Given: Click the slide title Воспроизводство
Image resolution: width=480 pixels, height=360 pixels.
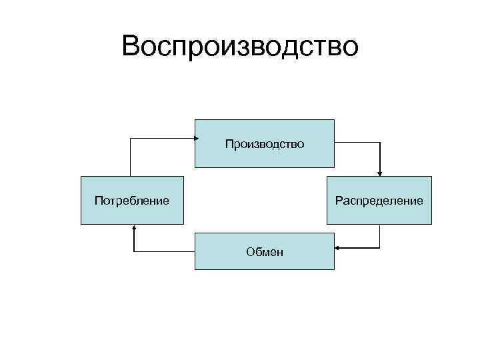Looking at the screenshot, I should click(240, 47).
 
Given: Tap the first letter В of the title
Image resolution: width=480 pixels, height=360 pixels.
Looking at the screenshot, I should click(131, 47).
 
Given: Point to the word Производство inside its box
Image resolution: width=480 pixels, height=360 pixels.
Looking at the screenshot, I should click(264, 144).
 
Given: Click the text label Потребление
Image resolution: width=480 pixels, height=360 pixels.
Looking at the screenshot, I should click(131, 200).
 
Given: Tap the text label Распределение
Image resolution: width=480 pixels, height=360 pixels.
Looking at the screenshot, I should click(379, 200).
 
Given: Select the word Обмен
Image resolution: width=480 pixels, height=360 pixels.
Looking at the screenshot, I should click(264, 252).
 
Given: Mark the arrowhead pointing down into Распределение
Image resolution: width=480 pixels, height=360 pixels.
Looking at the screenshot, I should click(379, 173).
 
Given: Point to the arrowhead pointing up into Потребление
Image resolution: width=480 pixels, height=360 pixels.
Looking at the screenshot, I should click(134, 228).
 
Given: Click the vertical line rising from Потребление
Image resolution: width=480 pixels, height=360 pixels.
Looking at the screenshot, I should click(129, 157).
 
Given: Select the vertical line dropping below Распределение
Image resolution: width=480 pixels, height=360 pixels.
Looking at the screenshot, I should click(379, 236).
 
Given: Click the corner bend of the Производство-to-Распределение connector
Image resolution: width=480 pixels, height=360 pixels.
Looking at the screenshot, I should click(379, 142).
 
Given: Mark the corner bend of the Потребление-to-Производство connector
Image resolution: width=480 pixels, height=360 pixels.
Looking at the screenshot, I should click(129, 139).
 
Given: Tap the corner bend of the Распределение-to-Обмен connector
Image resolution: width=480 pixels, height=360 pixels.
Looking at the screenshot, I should click(379, 248).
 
